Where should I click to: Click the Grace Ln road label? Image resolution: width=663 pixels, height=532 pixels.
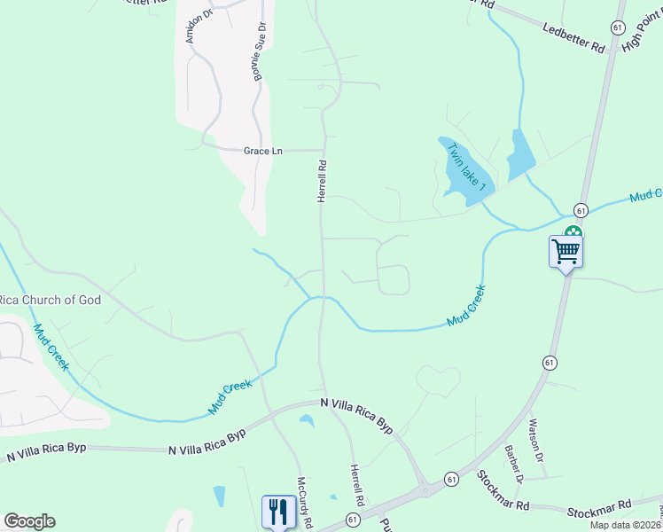coord(262,152)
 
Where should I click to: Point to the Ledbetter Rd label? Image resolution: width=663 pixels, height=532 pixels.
coord(573,39)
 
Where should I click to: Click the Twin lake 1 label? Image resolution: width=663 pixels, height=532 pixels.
coord(467,167)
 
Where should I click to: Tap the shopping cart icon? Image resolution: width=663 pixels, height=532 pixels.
coord(565,252)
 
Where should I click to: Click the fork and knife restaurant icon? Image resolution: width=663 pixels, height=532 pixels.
coord(278,511)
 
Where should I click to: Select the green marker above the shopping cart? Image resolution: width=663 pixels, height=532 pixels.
coord(573,232)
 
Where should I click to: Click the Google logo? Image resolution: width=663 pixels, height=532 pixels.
coord(29,521)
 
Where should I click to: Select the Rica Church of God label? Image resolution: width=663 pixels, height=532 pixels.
coord(51,300)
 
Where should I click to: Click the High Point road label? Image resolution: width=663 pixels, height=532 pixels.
coord(642,33)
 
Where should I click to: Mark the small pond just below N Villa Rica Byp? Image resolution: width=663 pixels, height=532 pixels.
coord(307,420)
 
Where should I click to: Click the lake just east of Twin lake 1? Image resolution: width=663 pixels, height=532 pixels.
coord(519,155)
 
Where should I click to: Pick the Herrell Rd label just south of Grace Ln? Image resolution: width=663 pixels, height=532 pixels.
coord(323,180)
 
